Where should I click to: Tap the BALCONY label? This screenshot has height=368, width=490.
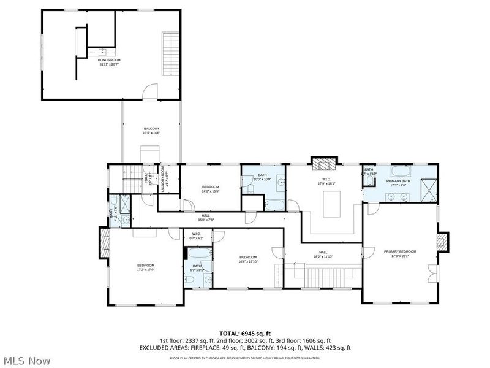click(151, 129)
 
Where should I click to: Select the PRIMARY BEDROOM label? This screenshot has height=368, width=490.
click(400, 252)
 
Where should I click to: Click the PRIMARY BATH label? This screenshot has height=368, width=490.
click(398, 182)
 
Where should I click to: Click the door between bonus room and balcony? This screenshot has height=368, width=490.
click(149, 94)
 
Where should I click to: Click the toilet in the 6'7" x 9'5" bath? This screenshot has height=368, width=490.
click(189, 279)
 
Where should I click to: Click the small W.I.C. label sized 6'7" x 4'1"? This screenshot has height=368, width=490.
click(197, 235)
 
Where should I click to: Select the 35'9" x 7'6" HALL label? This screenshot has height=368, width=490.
click(206, 217)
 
